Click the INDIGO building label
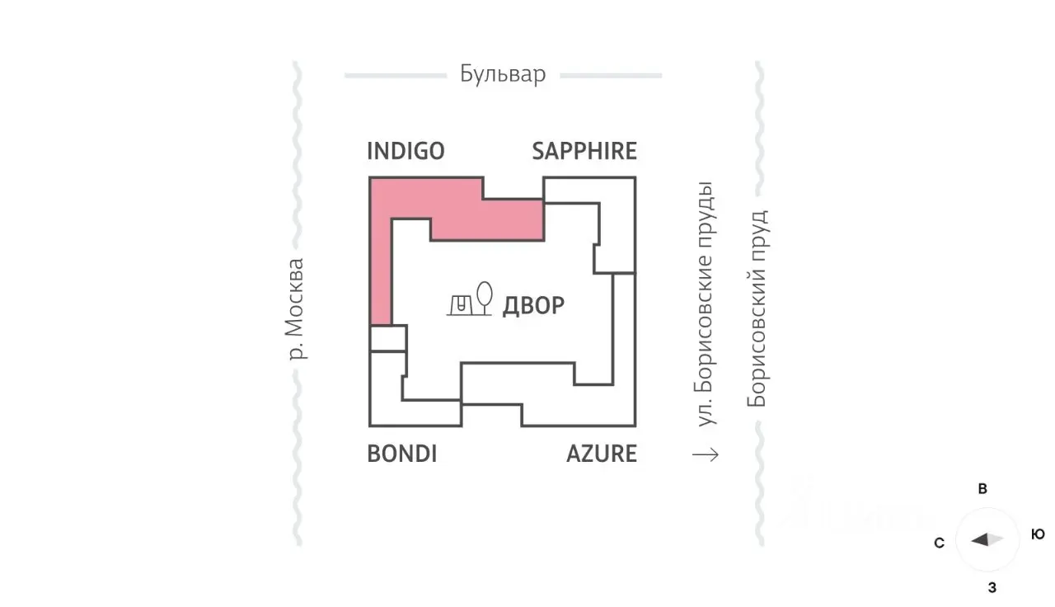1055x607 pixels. tap(406, 151)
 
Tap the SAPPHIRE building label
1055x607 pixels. tap(584, 151)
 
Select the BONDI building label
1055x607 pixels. tap(401, 454)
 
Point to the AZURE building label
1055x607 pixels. tap(602, 454)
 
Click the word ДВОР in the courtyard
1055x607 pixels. tap(533, 305)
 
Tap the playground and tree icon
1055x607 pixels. tap(471, 299)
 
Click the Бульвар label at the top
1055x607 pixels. tap(503, 74)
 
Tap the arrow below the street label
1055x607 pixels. tap(706, 454)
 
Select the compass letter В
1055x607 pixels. tap(982, 489)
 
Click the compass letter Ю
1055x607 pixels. tap(1038, 534)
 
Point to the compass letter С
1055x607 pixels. tap(939, 543)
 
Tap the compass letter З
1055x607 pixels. tap(992, 588)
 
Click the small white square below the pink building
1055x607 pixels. tap(387, 338)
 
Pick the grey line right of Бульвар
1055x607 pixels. tap(611, 76)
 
